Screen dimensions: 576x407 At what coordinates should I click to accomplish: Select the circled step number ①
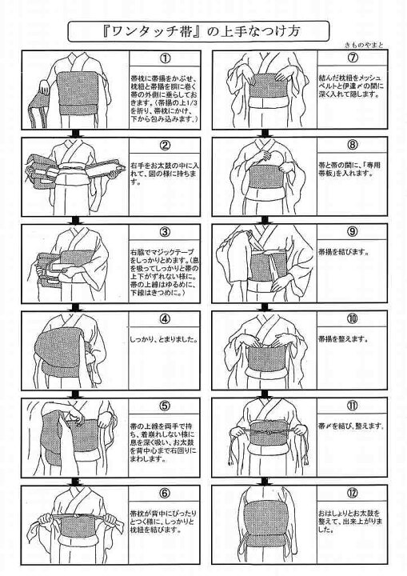click(x=165, y=59)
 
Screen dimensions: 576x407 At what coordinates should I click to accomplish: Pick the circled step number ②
click(x=165, y=146)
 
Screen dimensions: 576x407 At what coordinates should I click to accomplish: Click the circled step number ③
click(x=165, y=233)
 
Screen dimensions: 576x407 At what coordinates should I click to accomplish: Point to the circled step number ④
click(x=165, y=319)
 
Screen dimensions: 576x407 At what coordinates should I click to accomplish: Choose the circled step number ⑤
click(x=165, y=406)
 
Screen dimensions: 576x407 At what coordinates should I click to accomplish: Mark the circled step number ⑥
click(x=165, y=494)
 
